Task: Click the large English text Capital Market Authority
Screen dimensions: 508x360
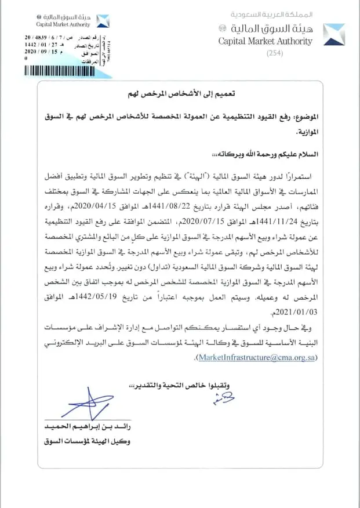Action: (265, 41)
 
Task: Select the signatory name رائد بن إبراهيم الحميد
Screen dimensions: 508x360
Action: (87, 427)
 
